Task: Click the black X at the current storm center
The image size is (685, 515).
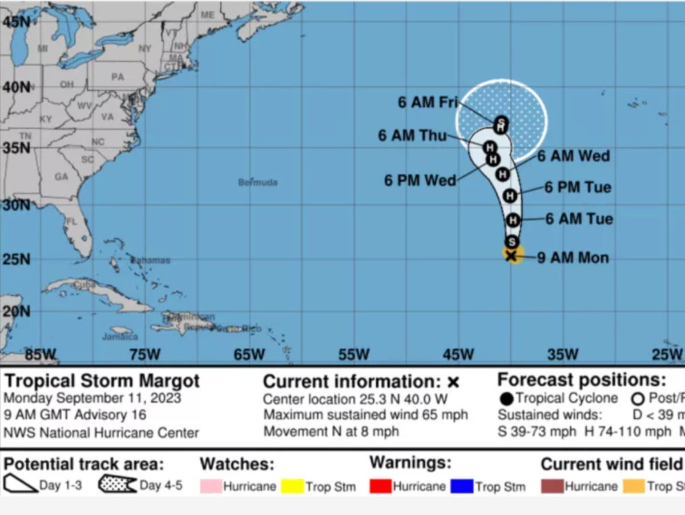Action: click(511, 255)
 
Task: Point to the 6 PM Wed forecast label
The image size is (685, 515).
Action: click(420, 181)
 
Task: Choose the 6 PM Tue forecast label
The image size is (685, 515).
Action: click(578, 187)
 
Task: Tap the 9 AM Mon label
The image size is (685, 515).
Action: click(573, 258)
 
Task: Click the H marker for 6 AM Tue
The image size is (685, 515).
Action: click(513, 219)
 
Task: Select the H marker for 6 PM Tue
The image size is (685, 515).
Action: click(510, 195)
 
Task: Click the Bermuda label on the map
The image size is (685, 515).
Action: click(258, 182)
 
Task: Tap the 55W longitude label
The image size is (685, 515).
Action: click(353, 354)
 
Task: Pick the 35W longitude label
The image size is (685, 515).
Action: click(562, 354)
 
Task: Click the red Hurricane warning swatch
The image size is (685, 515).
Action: click(381, 486)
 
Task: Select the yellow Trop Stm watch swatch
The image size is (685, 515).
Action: click(292, 486)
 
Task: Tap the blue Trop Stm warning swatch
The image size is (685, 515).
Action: click(462, 486)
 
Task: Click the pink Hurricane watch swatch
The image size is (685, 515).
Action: click(210, 486)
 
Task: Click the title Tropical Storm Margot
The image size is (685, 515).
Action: click(102, 381)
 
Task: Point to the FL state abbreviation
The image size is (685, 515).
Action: click(71, 221)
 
